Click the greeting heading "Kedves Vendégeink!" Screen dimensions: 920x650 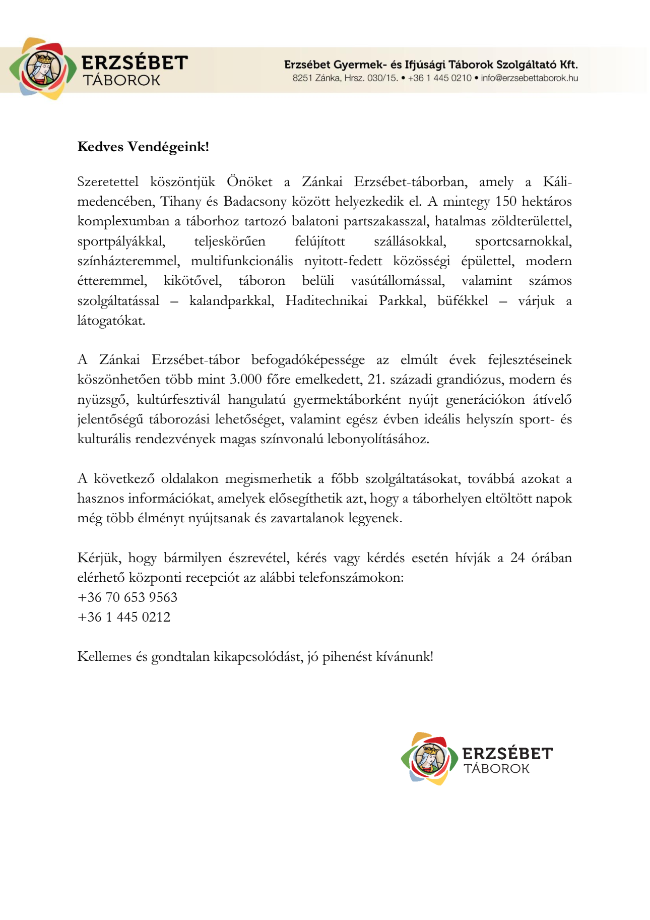pyautogui.click(x=143, y=147)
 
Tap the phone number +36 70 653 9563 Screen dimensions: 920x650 pyautogui.click(x=127, y=597)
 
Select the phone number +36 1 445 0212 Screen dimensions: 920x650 pyautogui.click(x=124, y=617)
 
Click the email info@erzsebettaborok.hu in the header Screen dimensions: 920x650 pyautogui.click(x=529, y=78)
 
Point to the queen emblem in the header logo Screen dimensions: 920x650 pyautogui.click(x=43, y=69)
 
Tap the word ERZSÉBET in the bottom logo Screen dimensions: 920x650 pyautogui.click(x=507, y=754)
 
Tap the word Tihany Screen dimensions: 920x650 pyautogui.click(x=180, y=202)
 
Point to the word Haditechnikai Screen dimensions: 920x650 pyautogui.click(x=327, y=301)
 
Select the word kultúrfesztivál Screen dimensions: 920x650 pyautogui.click(x=179, y=400)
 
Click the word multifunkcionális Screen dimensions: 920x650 pyautogui.click(x=242, y=261)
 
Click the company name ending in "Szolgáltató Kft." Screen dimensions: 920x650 pyautogui.click(x=431, y=65)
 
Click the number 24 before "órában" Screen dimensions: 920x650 pyautogui.click(x=517, y=558)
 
